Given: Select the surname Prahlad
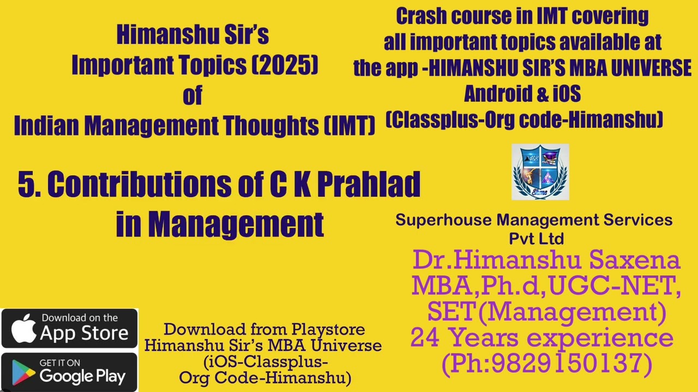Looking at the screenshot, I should pyautogui.click(x=369, y=185).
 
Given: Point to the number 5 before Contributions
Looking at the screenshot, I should pyautogui.click(x=26, y=185).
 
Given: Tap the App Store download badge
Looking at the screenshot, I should pyautogui.click(x=69, y=328).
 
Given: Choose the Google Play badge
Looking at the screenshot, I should pyautogui.click(x=69, y=372).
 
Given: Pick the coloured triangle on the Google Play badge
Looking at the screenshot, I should pyautogui.click(x=22, y=373).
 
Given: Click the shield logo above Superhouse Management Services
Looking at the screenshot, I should pyautogui.click(x=540, y=171).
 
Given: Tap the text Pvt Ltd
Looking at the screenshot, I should pyautogui.click(x=536, y=238).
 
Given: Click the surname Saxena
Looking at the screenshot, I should pyautogui.click(x=635, y=260).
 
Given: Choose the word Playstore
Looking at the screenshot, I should pyautogui.click(x=328, y=329).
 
